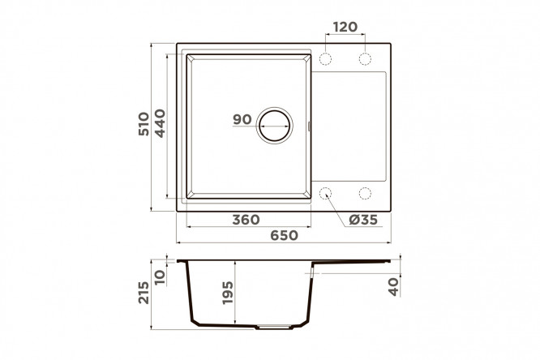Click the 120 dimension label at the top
point(345,27)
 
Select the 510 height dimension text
point(144,124)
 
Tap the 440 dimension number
point(161,123)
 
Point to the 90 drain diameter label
point(242,119)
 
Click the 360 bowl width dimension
point(246,220)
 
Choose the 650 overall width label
point(284,235)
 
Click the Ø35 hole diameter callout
point(363,220)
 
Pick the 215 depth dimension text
point(144,293)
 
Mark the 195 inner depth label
point(228,293)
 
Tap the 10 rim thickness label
point(161,277)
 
